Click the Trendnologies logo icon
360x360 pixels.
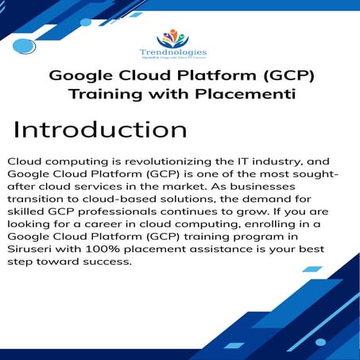click(x=179, y=38)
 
